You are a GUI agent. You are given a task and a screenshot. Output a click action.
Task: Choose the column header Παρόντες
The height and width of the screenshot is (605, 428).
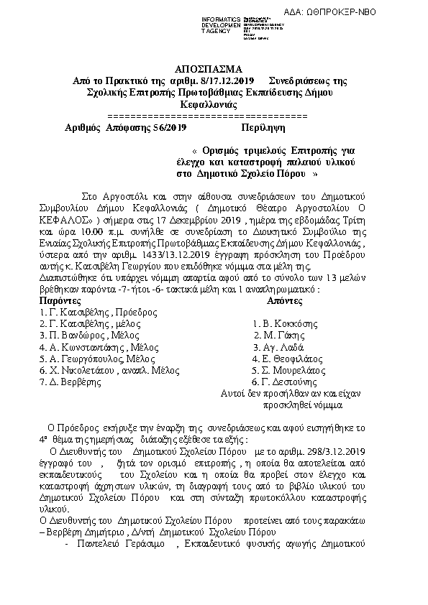[x=60, y=301]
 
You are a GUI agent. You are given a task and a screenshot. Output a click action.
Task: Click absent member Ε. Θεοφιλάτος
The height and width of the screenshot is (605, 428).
[x=290, y=359]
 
